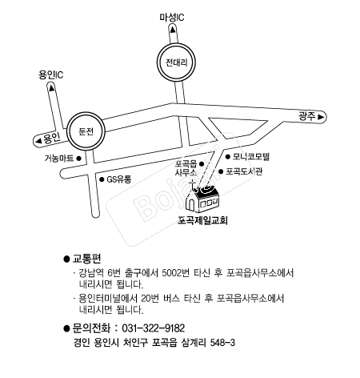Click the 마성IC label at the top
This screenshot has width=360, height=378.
tap(172, 18)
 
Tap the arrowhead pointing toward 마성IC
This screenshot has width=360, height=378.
tap(173, 30)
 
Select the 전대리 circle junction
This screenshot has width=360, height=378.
tap(176, 62)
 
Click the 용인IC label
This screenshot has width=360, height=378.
tap(51, 74)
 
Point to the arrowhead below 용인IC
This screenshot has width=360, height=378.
tap(51, 87)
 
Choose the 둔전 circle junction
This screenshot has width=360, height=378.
tap(86, 131)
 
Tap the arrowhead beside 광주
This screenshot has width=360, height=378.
tap(321, 117)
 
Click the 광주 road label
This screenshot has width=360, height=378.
tap(307, 116)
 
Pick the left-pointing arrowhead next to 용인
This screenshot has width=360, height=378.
tap(39, 141)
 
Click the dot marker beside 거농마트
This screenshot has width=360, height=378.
tap(78, 159)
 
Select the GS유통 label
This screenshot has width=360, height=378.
tap(119, 179)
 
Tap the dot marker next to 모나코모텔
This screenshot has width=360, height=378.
tap(227, 157)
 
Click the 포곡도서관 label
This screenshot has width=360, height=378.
tap(244, 171)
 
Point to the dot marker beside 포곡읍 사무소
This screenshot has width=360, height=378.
tap(202, 163)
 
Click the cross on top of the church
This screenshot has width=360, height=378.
tap(192, 184)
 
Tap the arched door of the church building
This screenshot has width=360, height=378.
tap(190, 204)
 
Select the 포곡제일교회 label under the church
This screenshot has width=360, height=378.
tap(202, 220)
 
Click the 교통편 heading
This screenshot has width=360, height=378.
tap(86, 259)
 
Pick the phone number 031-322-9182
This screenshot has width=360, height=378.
tap(154, 328)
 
